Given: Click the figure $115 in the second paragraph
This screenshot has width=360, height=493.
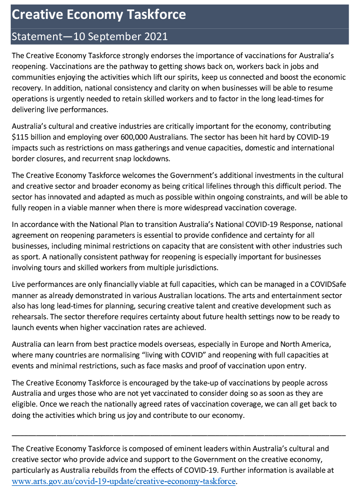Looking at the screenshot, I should pos(21,137).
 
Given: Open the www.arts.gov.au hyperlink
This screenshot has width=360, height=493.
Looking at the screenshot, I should pos(124,481).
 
